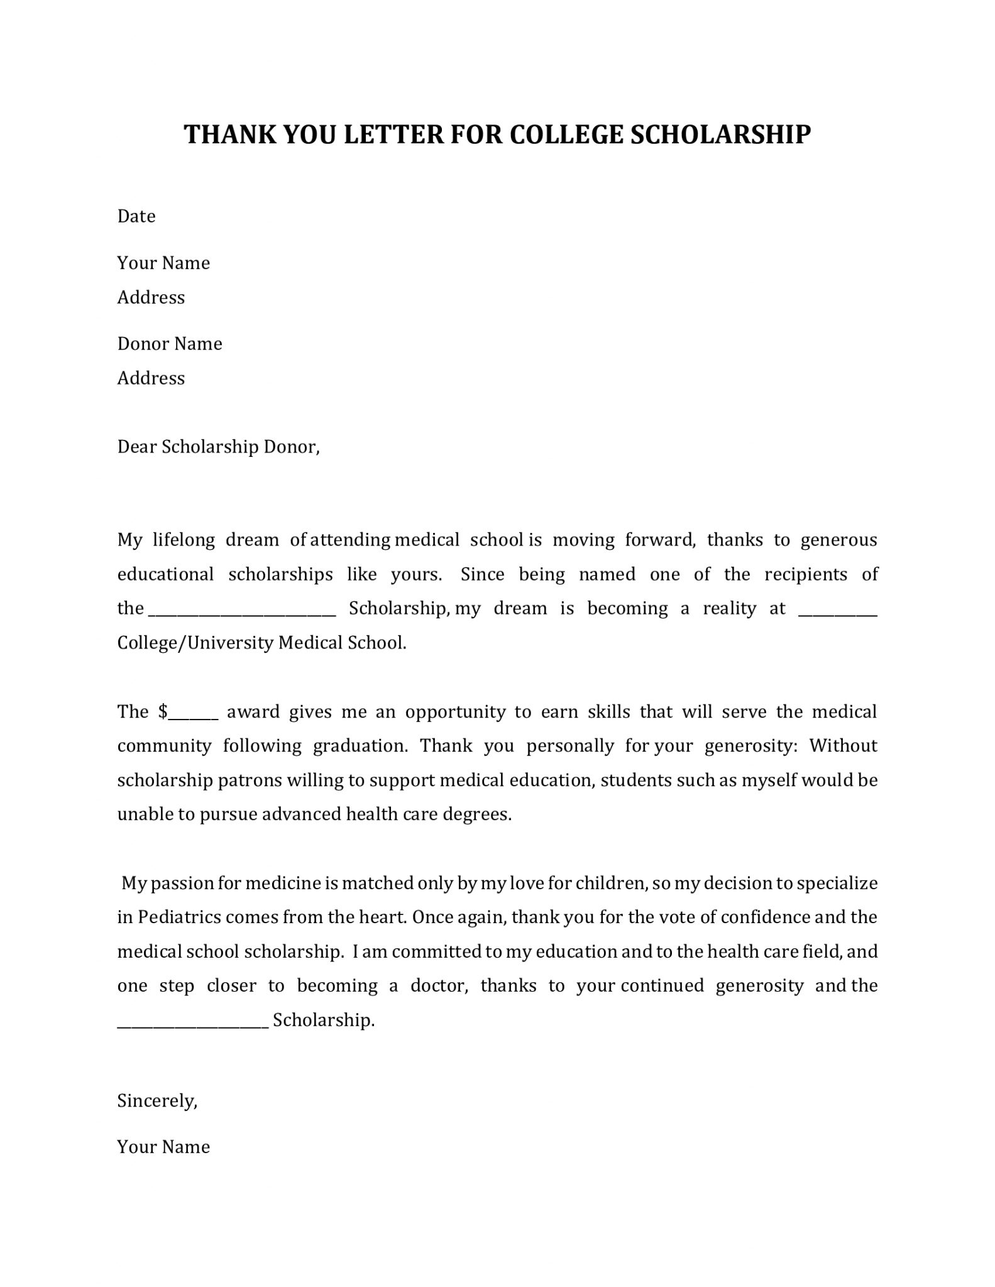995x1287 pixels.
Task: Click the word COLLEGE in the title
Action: [565, 135]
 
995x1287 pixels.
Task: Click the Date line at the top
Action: [136, 217]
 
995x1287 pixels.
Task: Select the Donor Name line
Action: [170, 344]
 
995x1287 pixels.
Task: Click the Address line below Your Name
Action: [151, 297]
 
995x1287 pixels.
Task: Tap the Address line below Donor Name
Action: [151, 378]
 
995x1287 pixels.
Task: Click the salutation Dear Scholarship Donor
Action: [218, 447]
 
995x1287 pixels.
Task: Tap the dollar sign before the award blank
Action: [163, 712]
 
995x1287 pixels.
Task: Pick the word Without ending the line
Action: [842, 746]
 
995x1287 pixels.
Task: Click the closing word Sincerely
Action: [157, 1100]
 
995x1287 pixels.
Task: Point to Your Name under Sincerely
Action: [163, 1147]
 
